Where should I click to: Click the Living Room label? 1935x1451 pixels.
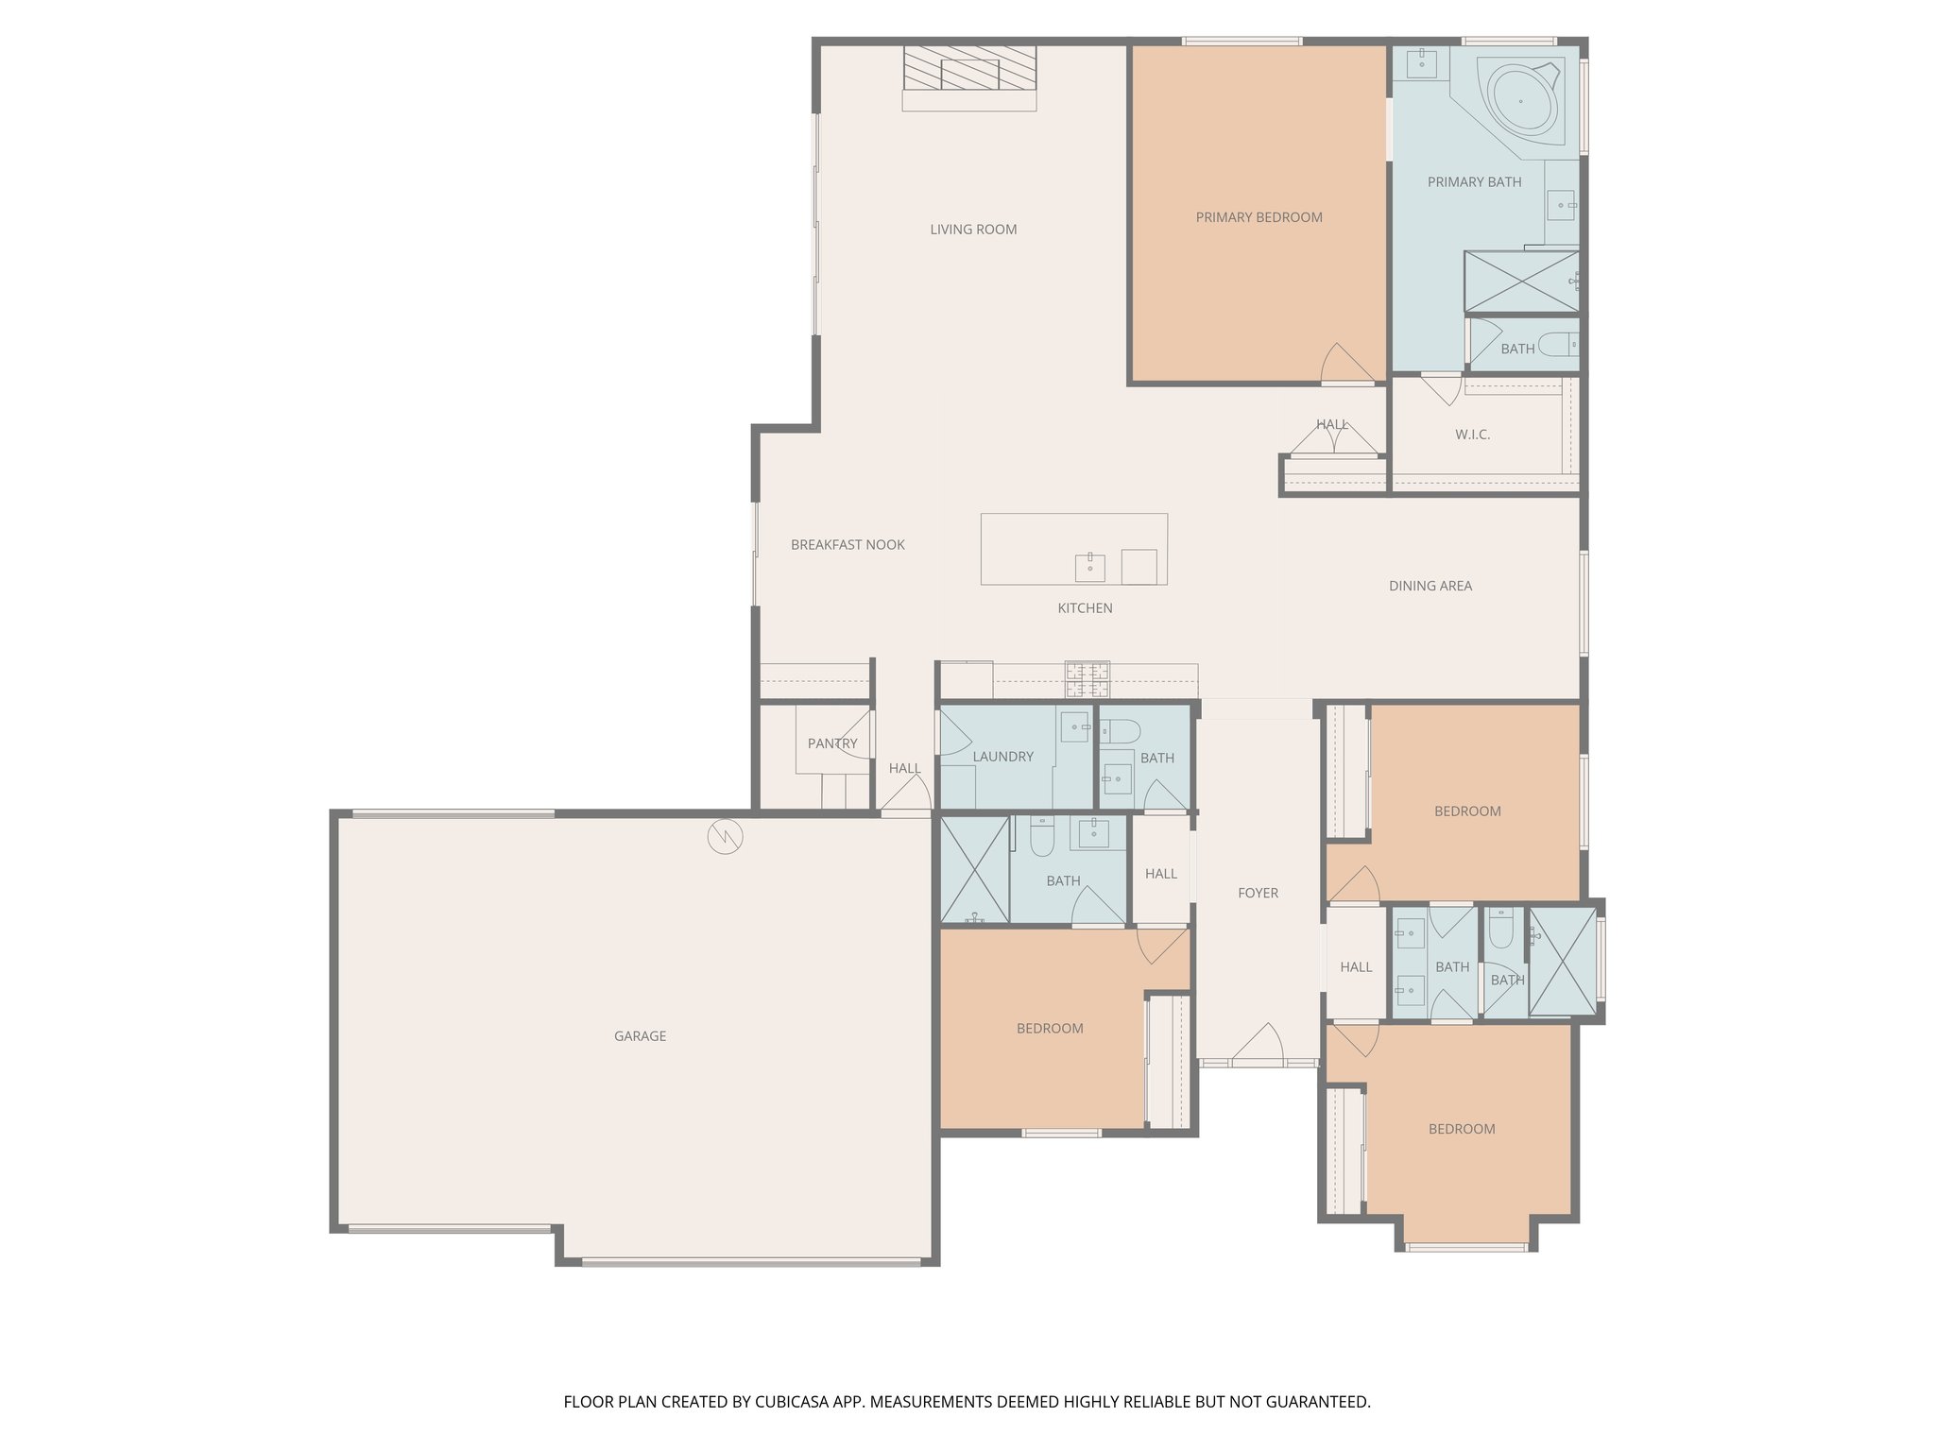(973, 230)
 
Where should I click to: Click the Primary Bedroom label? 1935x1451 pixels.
(1259, 217)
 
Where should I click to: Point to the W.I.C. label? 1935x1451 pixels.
(1472, 435)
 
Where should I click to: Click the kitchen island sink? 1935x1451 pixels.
(1089, 568)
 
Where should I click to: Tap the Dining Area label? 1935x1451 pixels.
(1430, 586)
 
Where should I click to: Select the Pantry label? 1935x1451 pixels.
(832, 743)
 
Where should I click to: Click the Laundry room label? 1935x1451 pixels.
(1002, 757)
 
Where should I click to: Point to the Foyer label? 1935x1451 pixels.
(1258, 893)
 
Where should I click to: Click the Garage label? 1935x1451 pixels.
(640, 1036)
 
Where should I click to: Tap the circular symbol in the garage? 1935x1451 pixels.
(726, 836)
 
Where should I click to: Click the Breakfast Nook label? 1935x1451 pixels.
(848, 545)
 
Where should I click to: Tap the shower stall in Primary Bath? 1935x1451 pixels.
(1520, 282)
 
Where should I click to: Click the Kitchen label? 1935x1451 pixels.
(1085, 608)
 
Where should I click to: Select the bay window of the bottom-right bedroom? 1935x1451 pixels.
(1466, 1247)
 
